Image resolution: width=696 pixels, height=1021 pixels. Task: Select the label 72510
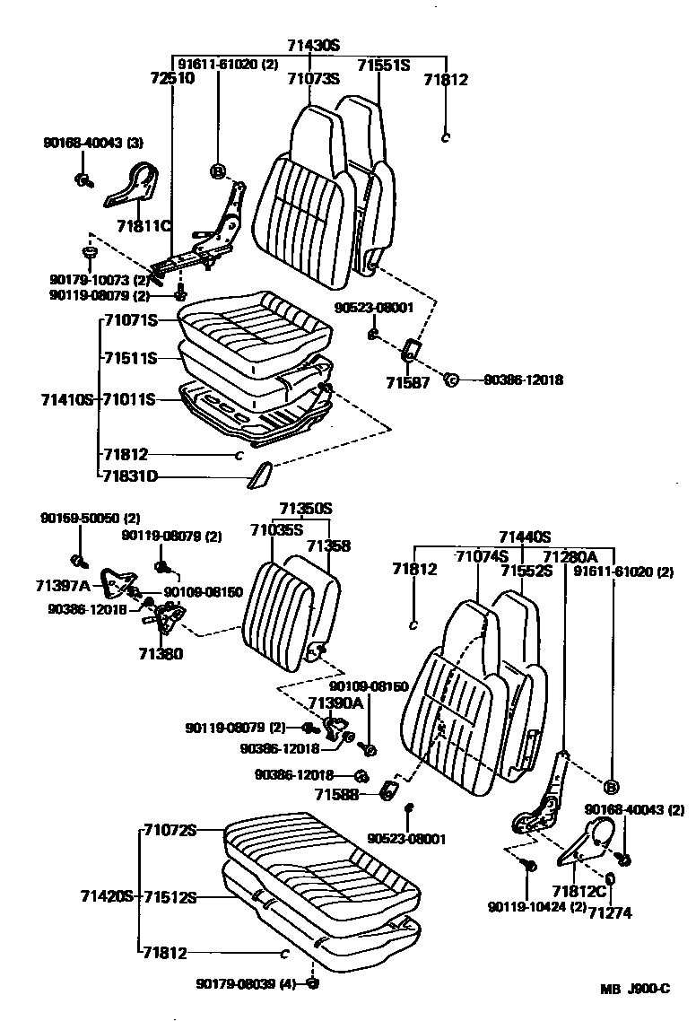click(171, 79)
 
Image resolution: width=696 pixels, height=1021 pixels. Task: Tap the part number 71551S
click(383, 65)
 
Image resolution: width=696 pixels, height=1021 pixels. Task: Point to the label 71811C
click(144, 225)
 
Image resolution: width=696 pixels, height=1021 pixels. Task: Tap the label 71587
click(404, 382)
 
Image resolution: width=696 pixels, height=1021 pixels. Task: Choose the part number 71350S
click(305, 509)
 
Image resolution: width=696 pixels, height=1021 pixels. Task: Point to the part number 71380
click(160, 654)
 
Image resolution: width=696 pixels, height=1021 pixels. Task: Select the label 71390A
click(335, 702)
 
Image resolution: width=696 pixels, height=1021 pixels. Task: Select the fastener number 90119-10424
click(536, 907)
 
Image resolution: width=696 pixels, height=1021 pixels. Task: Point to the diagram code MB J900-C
click(635, 989)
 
